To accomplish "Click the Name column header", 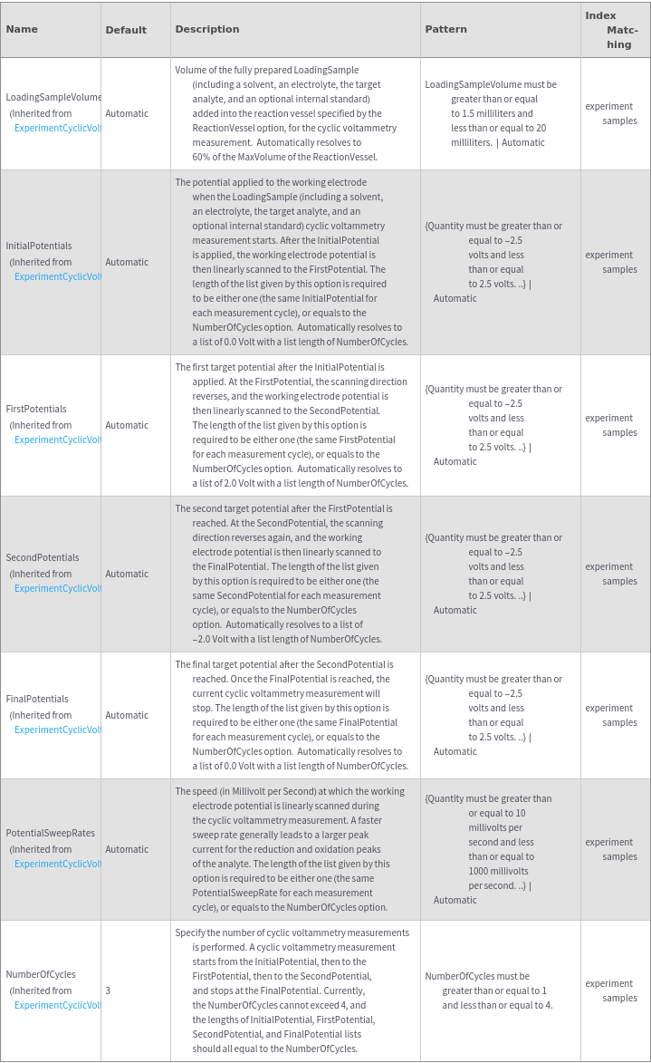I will (22, 29).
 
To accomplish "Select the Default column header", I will (126, 30).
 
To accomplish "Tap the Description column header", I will (207, 29).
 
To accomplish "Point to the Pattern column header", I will (445, 29).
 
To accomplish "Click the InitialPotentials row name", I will (39, 246).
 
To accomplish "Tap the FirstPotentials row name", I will (36, 409).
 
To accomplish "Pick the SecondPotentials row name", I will (43, 557).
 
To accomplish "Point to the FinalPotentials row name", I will (37, 699).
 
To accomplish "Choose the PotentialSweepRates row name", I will (51, 833).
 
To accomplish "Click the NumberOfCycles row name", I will (41, 974).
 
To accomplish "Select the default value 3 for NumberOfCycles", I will (108, 991).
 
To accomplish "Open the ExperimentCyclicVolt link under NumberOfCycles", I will (57, 1005).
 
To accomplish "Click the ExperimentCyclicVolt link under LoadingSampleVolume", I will (57, 128).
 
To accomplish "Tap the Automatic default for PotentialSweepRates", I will (127, 849).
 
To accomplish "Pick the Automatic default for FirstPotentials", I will (127, 425).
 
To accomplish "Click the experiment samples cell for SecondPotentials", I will (610, 574).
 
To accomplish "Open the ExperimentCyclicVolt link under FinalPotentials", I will (57, 730).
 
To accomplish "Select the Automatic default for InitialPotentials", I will (127, 262).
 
